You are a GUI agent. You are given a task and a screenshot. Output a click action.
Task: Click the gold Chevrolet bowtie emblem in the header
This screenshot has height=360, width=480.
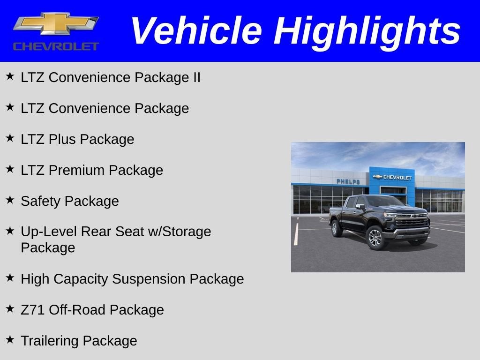(56, 23)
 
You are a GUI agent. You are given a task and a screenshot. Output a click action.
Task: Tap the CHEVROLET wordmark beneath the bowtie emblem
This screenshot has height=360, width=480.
(56, 46)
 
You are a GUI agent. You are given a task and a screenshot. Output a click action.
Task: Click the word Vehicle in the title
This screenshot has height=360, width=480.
(195, 31)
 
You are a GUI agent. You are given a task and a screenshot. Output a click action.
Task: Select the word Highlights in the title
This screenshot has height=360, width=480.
(367, 31)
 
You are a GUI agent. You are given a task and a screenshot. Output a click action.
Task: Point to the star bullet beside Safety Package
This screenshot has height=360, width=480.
(10, 200)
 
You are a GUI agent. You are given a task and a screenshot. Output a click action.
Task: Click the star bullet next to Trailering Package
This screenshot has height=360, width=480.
(10, 339)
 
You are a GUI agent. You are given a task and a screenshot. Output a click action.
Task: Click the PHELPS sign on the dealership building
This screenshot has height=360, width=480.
(348, 181)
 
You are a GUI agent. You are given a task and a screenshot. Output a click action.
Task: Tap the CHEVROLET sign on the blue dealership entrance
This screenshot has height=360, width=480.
(392, 177)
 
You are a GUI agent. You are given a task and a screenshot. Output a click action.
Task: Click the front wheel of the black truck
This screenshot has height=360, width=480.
(376, 238)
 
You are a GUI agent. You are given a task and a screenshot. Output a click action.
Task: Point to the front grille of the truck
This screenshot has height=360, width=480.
(412, 221)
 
